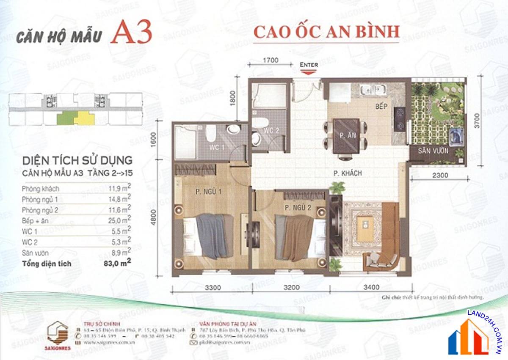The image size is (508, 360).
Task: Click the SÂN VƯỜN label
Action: point(432,151)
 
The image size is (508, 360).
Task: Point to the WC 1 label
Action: point(217,147)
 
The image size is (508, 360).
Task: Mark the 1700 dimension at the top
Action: point(271,60)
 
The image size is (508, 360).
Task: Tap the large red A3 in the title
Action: point(131,34)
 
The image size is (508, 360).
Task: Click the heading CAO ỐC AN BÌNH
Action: point(326,32)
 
